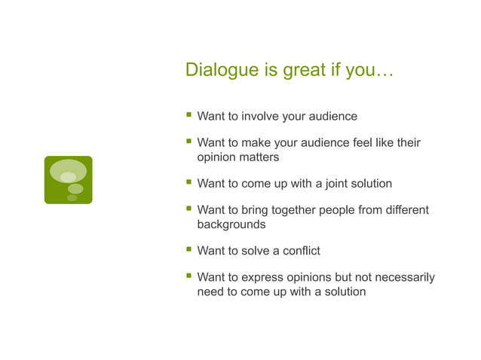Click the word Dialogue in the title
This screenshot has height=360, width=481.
219,71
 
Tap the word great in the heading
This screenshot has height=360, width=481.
305,71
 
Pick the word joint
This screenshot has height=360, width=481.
327,184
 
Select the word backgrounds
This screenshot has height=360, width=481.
231,224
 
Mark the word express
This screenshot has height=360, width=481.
262,277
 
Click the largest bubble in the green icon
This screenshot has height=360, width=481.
68,171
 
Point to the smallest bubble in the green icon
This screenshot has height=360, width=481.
72,198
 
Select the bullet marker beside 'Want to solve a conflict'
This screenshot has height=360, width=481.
188,250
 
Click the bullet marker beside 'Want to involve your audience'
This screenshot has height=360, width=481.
188,116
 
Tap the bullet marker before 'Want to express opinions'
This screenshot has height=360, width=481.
188,276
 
